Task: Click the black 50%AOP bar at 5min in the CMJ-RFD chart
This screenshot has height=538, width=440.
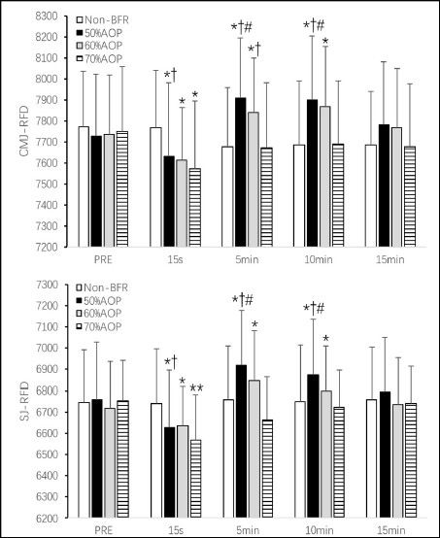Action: [240, 172]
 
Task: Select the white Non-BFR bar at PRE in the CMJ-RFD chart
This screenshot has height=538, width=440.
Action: [84, 186]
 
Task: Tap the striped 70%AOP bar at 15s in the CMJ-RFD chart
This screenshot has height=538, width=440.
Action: [195, 207]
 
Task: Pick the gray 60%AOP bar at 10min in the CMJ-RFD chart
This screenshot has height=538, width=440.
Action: [325, 177]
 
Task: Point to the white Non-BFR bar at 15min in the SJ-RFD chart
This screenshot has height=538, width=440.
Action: [371, 458]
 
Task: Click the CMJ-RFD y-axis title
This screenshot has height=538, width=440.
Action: [24, 131]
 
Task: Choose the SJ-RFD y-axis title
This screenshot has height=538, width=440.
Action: [24, 401]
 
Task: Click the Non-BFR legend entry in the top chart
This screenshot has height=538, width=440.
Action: [103, 19]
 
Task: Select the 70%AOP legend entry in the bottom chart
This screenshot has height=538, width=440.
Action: [99, 326]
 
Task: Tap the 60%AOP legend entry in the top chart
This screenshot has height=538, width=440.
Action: [99, 46]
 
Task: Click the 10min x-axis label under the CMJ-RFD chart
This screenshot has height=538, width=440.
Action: [319, 259]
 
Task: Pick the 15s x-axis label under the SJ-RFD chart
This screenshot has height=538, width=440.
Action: [176, 530]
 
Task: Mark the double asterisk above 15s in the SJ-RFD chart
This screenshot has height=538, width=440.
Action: [196, 388]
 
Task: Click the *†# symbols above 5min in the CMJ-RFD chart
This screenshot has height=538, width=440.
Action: [242, 27]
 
